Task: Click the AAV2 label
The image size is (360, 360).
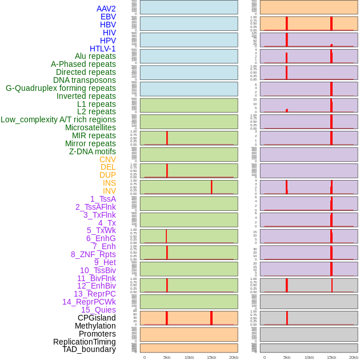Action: click(106, 9)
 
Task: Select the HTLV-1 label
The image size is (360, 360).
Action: click(102, 49)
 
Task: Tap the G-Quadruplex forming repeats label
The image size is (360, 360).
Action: click(61, 88)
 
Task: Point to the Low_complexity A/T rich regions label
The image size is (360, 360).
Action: click(58, 119)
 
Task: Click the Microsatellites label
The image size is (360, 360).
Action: click(90, 127)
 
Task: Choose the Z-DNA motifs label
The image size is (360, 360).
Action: click(92, 151)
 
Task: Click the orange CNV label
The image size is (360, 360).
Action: click(107, 159)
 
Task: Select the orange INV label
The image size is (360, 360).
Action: click(109, 191)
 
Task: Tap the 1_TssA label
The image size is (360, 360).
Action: click(103, 199)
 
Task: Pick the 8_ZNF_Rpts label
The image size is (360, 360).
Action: click(93, 254)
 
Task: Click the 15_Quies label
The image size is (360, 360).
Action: click(98, 310)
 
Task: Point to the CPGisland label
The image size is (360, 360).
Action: click(97, 318)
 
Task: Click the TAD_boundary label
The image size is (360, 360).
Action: click(89, 349)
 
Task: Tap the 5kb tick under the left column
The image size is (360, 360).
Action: click(167, 357)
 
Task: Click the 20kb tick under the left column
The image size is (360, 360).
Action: click(233, 357)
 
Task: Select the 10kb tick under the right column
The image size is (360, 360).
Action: click(309, 357)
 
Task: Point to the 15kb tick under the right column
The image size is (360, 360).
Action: click(331, 357)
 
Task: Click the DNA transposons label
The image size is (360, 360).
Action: click(85, 80)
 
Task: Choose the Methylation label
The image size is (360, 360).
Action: click(95, 326)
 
